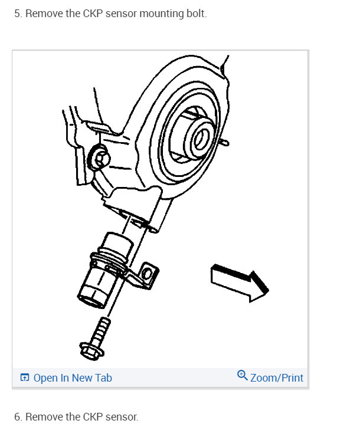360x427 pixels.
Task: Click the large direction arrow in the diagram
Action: [239, 283]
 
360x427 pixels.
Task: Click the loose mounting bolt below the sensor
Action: [95, 339]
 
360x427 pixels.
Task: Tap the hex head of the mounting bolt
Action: [91, 352]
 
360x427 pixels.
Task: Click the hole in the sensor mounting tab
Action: [147, 274]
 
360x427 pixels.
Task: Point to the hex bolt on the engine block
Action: [99, 158]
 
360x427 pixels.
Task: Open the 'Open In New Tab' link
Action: [73, 378]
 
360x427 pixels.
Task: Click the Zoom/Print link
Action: [277, 378]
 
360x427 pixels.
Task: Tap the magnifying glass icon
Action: [242, 375]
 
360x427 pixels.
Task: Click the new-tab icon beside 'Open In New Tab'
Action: [25, 377]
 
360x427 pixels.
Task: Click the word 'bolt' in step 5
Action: [197, 14]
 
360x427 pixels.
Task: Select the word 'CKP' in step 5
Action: [93, 14]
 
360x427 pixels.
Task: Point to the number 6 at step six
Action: [18, 416]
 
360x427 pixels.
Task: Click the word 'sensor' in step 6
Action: [122, 417]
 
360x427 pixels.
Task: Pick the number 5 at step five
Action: [18, 14]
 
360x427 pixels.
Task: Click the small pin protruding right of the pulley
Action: [225, 142]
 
